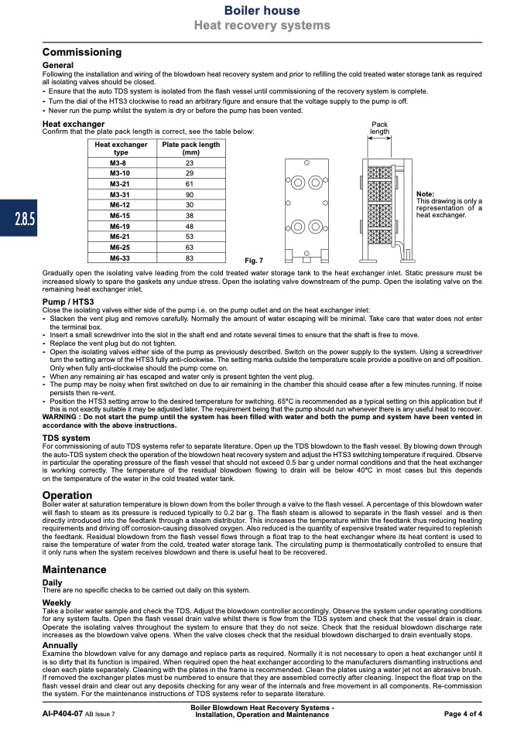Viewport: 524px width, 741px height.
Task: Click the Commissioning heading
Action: tap(81, 53)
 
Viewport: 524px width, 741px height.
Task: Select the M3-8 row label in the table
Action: tap(120, 163)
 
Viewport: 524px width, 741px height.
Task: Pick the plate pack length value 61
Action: tap(190, 184)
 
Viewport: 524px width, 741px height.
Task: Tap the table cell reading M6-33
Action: tap(120, 258)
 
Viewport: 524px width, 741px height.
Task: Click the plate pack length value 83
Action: tap(190, 258)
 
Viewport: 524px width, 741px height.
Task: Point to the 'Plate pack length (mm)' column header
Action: tap(190, 149)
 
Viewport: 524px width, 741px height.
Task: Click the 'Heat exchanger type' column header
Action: tap(120, 149)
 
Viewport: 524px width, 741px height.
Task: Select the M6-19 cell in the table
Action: tap(120, 226)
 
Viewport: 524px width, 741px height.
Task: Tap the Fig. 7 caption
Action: tap(254, 261)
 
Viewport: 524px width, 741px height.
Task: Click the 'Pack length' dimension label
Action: tap(379, 128)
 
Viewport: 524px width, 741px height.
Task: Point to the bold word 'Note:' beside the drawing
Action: tap(425, 193)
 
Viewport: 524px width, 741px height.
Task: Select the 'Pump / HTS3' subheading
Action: tap(68, 301)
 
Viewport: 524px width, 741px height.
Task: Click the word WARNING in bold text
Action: tap(63, 418)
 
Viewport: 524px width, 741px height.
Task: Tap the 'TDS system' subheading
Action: tap(66, 438)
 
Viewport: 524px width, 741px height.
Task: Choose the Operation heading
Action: tap(67, 495)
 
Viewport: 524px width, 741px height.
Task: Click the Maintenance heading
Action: tap(74, 570)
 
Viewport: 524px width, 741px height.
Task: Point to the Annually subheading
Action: tap(60, 645)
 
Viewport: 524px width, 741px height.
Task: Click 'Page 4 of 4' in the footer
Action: tap(463, 713)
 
